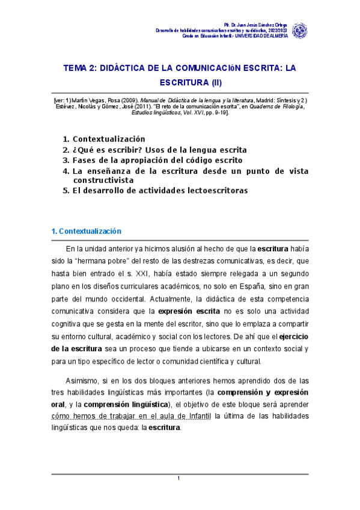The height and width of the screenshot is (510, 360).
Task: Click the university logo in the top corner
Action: pos(299,30)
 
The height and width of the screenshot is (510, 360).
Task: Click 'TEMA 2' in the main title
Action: pos(79,69)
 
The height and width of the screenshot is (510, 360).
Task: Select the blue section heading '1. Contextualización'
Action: pos(86,232)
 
